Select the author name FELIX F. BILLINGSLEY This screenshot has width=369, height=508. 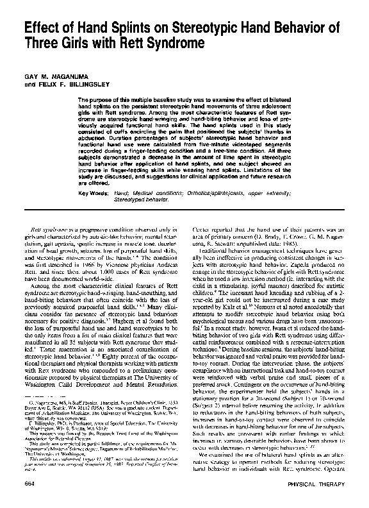[66, 83]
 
